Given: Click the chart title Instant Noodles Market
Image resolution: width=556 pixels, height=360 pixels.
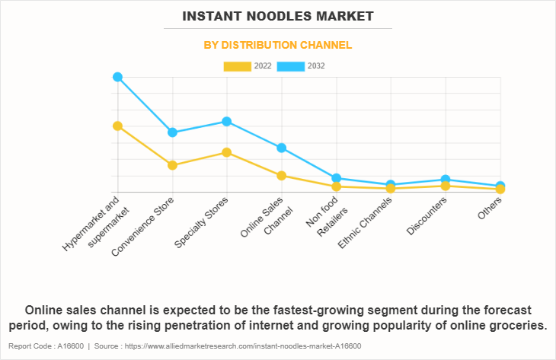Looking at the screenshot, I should click(277, 15).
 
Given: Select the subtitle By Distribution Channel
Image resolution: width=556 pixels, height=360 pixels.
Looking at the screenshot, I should click(277, 45).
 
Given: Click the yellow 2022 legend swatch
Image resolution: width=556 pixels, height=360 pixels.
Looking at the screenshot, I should click(237, 66).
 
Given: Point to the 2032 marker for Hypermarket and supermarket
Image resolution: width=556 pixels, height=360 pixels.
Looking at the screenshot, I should click(117, 77).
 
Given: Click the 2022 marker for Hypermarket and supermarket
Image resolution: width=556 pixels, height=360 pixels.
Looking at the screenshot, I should click(117, 126).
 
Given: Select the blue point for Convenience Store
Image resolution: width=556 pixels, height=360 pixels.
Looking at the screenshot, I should click(172, 132).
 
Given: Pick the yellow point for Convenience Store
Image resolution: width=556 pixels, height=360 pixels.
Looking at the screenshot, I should click(172, 165).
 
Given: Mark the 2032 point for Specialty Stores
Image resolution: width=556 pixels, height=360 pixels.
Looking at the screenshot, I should click(227, 121).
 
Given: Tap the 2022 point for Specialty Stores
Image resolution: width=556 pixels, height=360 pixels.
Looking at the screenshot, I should click(227, 152).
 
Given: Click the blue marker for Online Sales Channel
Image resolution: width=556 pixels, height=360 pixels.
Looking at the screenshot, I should click(282, 148).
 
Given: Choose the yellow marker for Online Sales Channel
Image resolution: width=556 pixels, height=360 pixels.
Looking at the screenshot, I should click(282, 176).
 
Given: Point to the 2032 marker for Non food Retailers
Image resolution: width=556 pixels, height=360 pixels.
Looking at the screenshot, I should click(336, 178).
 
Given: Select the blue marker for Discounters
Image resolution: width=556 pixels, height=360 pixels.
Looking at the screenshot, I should click(446, 180).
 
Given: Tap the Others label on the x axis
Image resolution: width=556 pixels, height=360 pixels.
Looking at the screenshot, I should click(490, 208).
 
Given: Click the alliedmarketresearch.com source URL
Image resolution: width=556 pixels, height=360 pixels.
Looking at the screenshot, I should click(244, 346).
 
